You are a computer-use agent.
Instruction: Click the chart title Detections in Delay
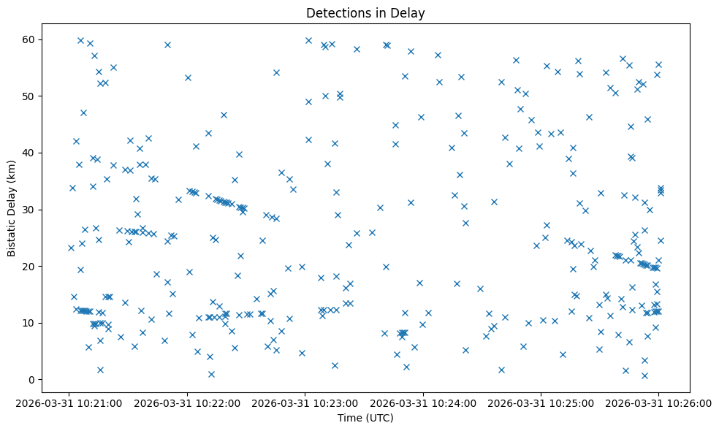(x=365, y=13)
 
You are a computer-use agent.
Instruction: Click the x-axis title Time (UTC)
(x=365, y=418)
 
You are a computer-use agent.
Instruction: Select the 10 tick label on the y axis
(x=48, y=323)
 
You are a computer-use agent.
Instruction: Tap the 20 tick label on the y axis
(x=48, y=267)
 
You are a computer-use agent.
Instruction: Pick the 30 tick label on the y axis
(x=48, y=210)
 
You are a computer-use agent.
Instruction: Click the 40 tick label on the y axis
(x=48, y=153)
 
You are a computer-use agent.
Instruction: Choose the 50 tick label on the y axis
(x=48, y=96)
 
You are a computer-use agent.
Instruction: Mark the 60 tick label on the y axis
(x=48, y=39)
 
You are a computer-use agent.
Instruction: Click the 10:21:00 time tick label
(x=70, y=403)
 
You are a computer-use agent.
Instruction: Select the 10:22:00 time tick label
(x=188, y=403)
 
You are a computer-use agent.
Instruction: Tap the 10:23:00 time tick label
(x=305, y=403)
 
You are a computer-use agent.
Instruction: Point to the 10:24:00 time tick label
(x=423, y=403)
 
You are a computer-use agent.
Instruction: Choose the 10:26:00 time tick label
(x=658, y=403)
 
